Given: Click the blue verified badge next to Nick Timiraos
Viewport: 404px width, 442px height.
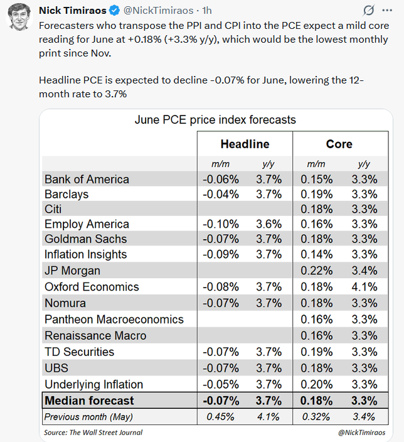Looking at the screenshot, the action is point(114,11).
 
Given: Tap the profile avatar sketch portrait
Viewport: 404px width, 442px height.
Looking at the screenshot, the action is point(19,16).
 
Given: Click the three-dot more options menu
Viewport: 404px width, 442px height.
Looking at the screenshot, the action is point(387,11).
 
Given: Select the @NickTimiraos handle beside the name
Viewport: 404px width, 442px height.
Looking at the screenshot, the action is point(158,11).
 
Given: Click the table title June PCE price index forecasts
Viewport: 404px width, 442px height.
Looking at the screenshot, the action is point(215,120).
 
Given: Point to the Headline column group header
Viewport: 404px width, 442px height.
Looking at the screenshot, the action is point(245,144).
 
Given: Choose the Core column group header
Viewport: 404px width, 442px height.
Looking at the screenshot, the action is point(339,144).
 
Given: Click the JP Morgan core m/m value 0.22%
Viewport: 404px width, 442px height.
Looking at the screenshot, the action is point(317,271).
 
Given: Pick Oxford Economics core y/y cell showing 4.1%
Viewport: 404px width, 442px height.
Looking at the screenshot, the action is point(364,287).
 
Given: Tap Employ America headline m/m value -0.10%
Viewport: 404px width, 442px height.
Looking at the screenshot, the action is point(221,224).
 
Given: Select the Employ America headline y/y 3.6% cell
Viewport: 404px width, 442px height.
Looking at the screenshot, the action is point(268,224).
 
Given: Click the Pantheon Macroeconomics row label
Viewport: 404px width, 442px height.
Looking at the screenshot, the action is point(114,320).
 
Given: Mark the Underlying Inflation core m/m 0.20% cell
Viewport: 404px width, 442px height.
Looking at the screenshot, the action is point(317,384).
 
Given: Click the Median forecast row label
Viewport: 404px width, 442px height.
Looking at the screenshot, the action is point(89,401).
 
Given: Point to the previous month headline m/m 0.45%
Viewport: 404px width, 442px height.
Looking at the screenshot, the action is point(220,417).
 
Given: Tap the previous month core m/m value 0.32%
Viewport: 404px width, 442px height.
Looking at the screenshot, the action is point(316,417).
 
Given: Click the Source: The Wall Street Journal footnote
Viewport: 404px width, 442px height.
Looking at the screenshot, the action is point(93,433).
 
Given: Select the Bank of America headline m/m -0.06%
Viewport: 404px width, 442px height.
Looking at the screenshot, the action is point(221,180).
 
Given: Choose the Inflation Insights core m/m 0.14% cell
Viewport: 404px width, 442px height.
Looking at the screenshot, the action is point(317,254).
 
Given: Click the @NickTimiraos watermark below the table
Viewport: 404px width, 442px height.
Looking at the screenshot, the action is point(361,433).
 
